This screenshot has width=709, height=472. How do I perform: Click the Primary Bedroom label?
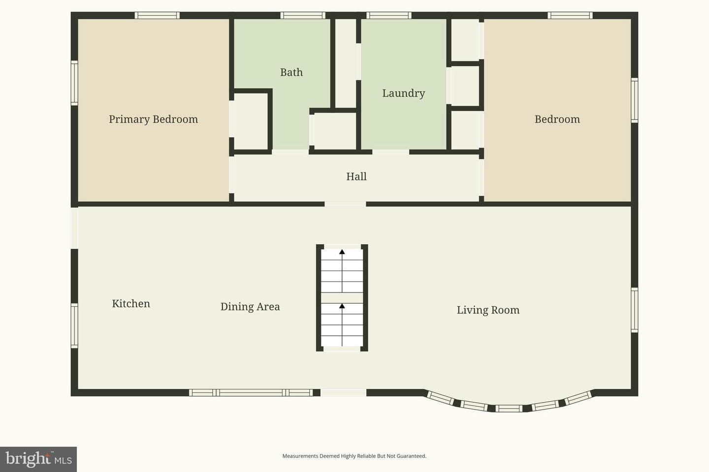click(x=153, y=119)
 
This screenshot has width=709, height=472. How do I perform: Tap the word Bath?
click(x=291, y=72)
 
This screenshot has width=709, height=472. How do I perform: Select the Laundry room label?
click(x=404, y=93)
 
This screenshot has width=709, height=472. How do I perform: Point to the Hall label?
click(x=356, y=177)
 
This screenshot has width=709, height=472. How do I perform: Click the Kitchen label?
click(x=131, y=303)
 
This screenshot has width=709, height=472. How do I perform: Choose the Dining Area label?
click(x=250, y=307)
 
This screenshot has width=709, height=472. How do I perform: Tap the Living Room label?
click(x=488, y=310)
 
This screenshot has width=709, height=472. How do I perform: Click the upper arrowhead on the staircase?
click(x=342, y=252)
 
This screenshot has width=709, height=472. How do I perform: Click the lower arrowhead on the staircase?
click(x=342, y=306)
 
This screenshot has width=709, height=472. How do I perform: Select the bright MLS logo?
click(x=38, y=459)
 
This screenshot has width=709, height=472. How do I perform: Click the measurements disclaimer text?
click(x=354, y=456)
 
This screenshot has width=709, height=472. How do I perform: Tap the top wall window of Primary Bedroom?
click(x=157, y=15)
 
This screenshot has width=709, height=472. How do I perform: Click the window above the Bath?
click(x=303, y=15)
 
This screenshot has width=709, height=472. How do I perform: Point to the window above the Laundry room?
click(x=389, y=15)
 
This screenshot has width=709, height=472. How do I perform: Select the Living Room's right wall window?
click(x=634, y=310)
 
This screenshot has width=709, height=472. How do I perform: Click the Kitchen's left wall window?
click(x=74, y=325)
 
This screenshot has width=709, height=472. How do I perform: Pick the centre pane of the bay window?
click(x=509, y=409)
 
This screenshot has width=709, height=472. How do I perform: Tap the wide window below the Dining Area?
click(x=251, y=393)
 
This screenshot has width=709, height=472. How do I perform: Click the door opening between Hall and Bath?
click(x=290, y=152)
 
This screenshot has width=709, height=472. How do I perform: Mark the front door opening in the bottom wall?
click(x=344, y=393)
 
